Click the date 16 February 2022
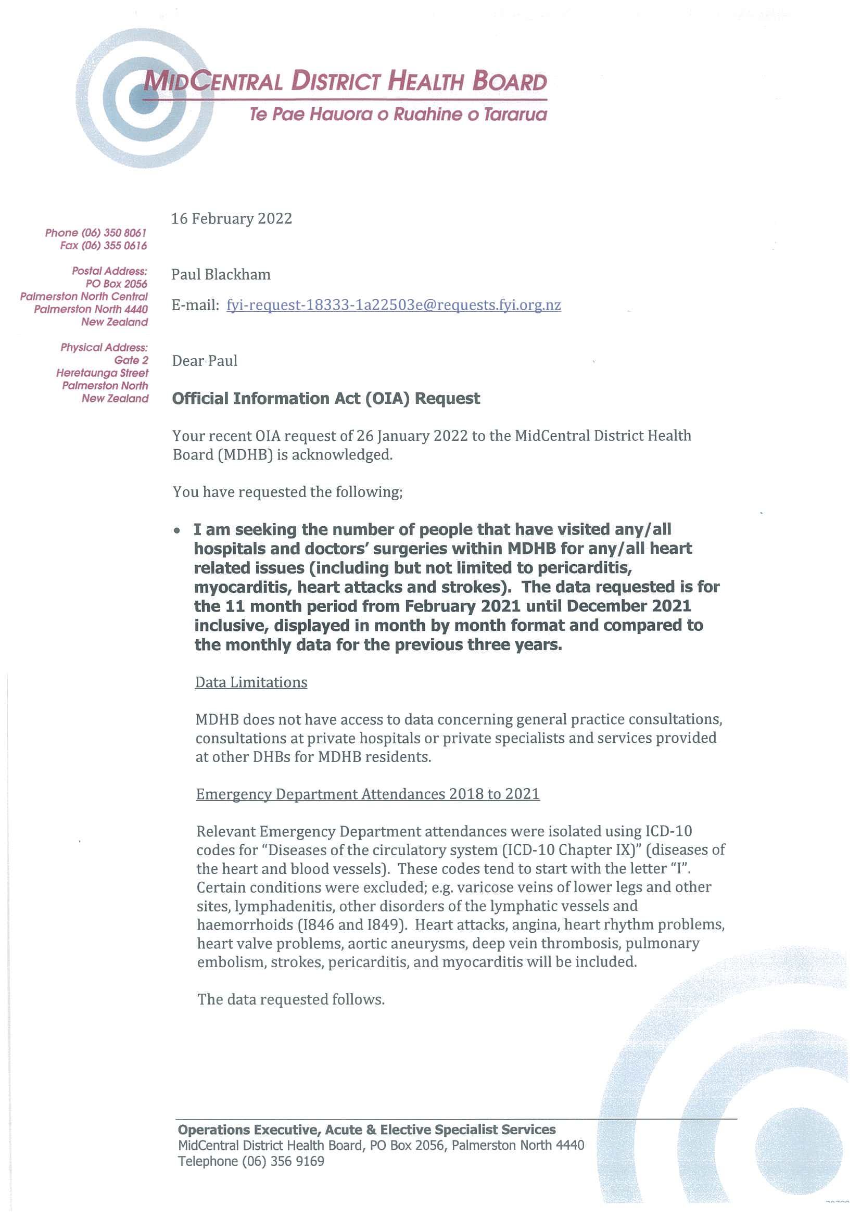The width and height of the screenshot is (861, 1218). pyautogui.click(x=231, y=219)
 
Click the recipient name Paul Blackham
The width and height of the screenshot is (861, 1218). pyautogui.click(x=221, y=274)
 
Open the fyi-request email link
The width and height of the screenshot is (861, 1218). pyautogui.click(x=394, y=305)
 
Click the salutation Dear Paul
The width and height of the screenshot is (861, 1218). pyautogui.click(x=205, y=361)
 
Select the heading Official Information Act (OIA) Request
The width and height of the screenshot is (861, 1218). pyautogui.click(x=326, y=398)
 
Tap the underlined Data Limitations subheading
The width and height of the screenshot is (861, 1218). pyautogui.click(x=251, y=682)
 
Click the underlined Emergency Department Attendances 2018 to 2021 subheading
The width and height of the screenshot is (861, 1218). pyautogui.click(x=368, y=794)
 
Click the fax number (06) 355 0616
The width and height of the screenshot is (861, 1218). pyautogui.click(x=114, y=246)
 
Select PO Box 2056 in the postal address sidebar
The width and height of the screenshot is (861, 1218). pyautogui.click(x=116, y=284)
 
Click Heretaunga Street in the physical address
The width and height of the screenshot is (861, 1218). pyautogui.click(x=103, y=373)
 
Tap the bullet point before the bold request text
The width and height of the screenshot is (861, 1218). pyautogui.click(x=177, y=530)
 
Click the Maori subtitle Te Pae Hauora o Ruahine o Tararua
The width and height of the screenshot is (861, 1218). pyautogui.click(x=398, y=114)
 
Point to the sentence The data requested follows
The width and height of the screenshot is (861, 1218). pyautogui.click(x=290, y=999)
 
